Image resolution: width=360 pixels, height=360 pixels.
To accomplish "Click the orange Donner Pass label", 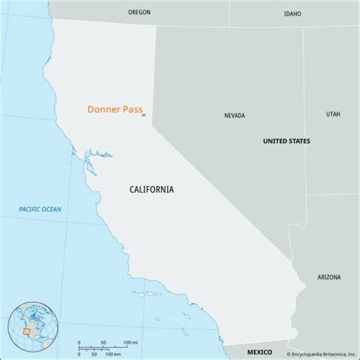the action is [x=115, y=109].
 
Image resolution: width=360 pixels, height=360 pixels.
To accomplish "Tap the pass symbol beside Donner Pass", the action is [x=143, y=115].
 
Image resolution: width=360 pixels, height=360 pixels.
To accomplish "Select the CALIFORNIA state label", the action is [x=151, y=189].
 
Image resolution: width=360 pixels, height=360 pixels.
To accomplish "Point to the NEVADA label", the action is [x=234, y=115].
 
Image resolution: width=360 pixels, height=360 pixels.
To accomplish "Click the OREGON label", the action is [x=139, y=12].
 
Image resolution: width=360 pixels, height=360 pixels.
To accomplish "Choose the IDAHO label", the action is [x=292, y=13].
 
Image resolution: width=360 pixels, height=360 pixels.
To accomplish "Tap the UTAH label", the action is [x=333, y=114].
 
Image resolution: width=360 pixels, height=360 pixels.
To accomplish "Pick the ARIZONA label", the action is [x=329, y=277].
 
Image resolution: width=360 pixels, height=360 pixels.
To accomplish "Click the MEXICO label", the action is [x=260, y=351].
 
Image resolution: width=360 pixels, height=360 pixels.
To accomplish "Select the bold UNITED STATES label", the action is [x=286, y=141].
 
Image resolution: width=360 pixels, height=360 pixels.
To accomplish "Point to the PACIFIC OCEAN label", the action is [x=40, y=209].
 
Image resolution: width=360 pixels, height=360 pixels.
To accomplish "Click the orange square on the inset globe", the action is [x=26, y=331].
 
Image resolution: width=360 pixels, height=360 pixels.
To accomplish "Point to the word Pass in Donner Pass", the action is [x=132, y=109].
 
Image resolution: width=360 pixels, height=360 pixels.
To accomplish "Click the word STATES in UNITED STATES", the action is [x=298, y=141].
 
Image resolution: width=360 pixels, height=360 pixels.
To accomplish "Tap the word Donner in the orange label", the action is [x=103, y=109].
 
